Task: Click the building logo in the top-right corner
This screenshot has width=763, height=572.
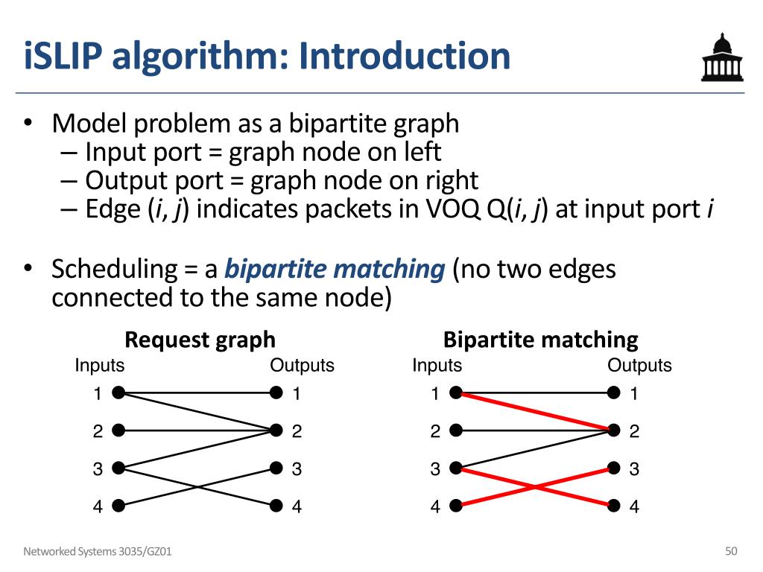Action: (721, 57)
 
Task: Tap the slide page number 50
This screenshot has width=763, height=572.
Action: (731, 551)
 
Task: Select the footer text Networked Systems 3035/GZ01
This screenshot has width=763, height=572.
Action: (101, 552)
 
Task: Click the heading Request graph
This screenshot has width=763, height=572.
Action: (200, 340)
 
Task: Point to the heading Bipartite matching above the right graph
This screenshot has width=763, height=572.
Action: (540, 340)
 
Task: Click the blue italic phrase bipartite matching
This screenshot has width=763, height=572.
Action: (335, 269)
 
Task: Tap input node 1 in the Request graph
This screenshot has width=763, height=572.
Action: (118, 393)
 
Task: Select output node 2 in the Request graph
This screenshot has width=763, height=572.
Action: (276, 430)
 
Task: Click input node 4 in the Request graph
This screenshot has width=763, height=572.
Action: (118, 506)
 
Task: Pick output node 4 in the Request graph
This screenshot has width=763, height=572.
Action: (276, 506)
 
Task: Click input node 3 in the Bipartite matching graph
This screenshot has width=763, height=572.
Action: (456, 468)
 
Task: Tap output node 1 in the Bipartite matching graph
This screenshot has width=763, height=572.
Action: (613, 393)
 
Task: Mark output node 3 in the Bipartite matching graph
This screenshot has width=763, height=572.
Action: (613, 468)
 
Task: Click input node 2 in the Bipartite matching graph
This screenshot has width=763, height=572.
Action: (456, 430)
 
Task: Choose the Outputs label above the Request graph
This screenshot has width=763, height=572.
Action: (302, 366)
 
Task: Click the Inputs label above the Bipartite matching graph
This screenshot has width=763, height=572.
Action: (437, 366)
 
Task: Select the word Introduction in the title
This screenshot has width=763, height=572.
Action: (406, 57)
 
